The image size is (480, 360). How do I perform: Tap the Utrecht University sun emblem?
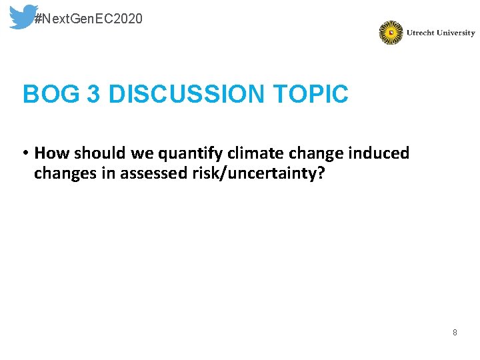(391, 33)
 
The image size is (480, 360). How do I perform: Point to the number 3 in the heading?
(93, 95)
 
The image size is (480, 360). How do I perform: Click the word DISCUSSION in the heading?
(186, 95)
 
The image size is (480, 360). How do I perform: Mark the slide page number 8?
(455, 332)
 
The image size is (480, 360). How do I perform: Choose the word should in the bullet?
(96, 153)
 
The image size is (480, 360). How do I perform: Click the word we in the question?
(140, 153)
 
